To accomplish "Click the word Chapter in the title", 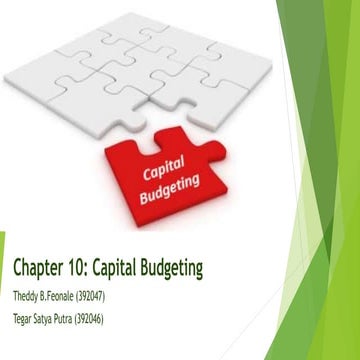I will click(x=39, y=268).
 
